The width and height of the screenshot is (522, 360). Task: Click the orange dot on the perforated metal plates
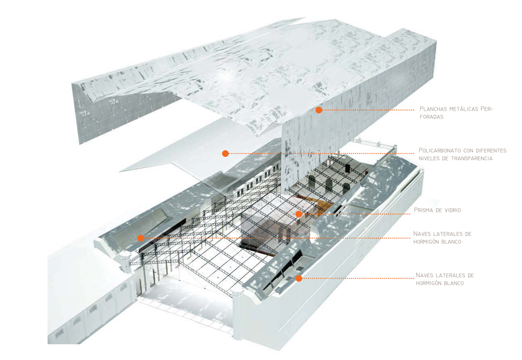coord(319,110)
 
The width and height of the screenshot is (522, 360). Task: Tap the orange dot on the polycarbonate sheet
coord(226,153)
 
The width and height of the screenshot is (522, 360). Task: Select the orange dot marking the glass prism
coord(299,214)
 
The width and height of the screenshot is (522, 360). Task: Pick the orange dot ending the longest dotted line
coord(141,238)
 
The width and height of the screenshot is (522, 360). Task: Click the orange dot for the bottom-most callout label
coord(299,278)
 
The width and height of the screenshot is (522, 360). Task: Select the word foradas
coord(432,117)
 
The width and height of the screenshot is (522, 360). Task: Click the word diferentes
coord(491,150)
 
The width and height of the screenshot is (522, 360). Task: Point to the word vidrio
coord(453,210)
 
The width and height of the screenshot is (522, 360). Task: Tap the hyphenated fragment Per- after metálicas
coord(487,109)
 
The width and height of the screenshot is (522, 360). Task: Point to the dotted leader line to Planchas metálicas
coord(369,110)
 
